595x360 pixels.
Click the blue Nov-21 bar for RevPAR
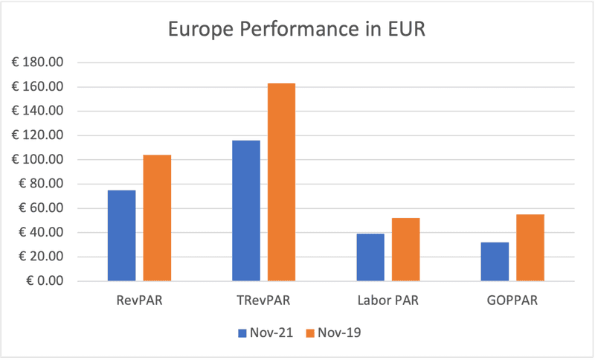(x=122, y=236)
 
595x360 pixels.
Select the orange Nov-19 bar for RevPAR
(x=157, y=218)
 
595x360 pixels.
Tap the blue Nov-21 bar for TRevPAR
(x=246, y=210)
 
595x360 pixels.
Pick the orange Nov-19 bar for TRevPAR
(x=281, y=182)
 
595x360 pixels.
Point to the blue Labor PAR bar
(x=370, y=257)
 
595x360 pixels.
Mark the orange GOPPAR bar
(x=530, y=248)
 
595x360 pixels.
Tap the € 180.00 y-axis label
(x=39, y=62)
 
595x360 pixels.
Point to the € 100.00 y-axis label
(x=39, y=160)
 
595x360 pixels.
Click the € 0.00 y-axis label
(x=44, y=281)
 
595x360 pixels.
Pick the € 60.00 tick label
(x=42, y=208)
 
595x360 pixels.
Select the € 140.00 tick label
(x=39, y=112)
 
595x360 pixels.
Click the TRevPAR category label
(x=263, y=301)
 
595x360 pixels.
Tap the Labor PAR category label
(x=387, y=301)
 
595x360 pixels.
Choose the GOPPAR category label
(x=512, y=301)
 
